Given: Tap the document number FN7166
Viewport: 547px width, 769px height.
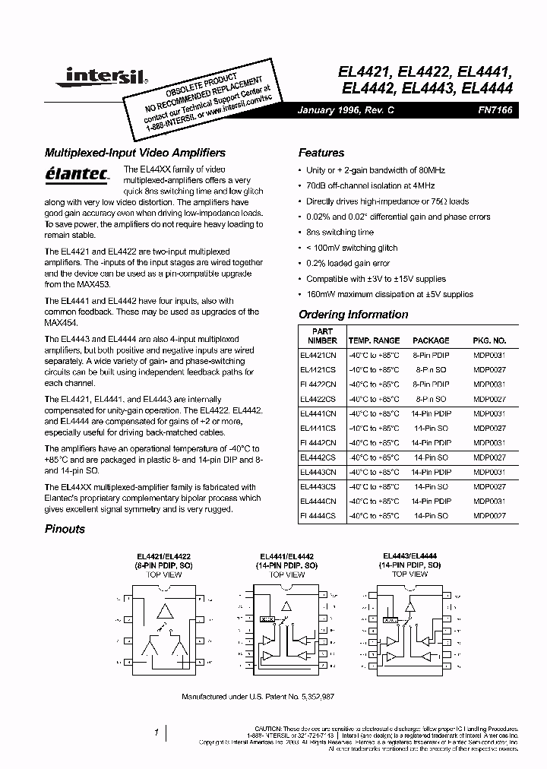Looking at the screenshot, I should tap(496, 110).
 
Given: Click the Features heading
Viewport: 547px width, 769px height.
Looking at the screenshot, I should tap(321, 153).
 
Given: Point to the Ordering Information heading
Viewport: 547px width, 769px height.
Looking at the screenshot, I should tap(353, 315).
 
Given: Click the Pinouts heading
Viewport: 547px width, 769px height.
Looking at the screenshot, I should tap(65, 529).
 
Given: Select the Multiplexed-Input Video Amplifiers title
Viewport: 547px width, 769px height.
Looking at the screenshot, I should tap(135, 153).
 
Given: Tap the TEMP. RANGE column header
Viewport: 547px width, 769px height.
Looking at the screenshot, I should tap(374, 340).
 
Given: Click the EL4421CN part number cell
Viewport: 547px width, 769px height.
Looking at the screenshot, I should tap(318, 355).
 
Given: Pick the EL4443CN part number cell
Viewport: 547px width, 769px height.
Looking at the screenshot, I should tap(318, 472).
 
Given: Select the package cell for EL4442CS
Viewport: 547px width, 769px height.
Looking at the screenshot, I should tap(432, 457).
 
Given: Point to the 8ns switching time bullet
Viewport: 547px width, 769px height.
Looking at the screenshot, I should tap(340, 233).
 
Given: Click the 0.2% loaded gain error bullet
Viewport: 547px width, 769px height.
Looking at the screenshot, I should tap(345, 264).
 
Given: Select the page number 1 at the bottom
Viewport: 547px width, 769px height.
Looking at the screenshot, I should tap(157, 733).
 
